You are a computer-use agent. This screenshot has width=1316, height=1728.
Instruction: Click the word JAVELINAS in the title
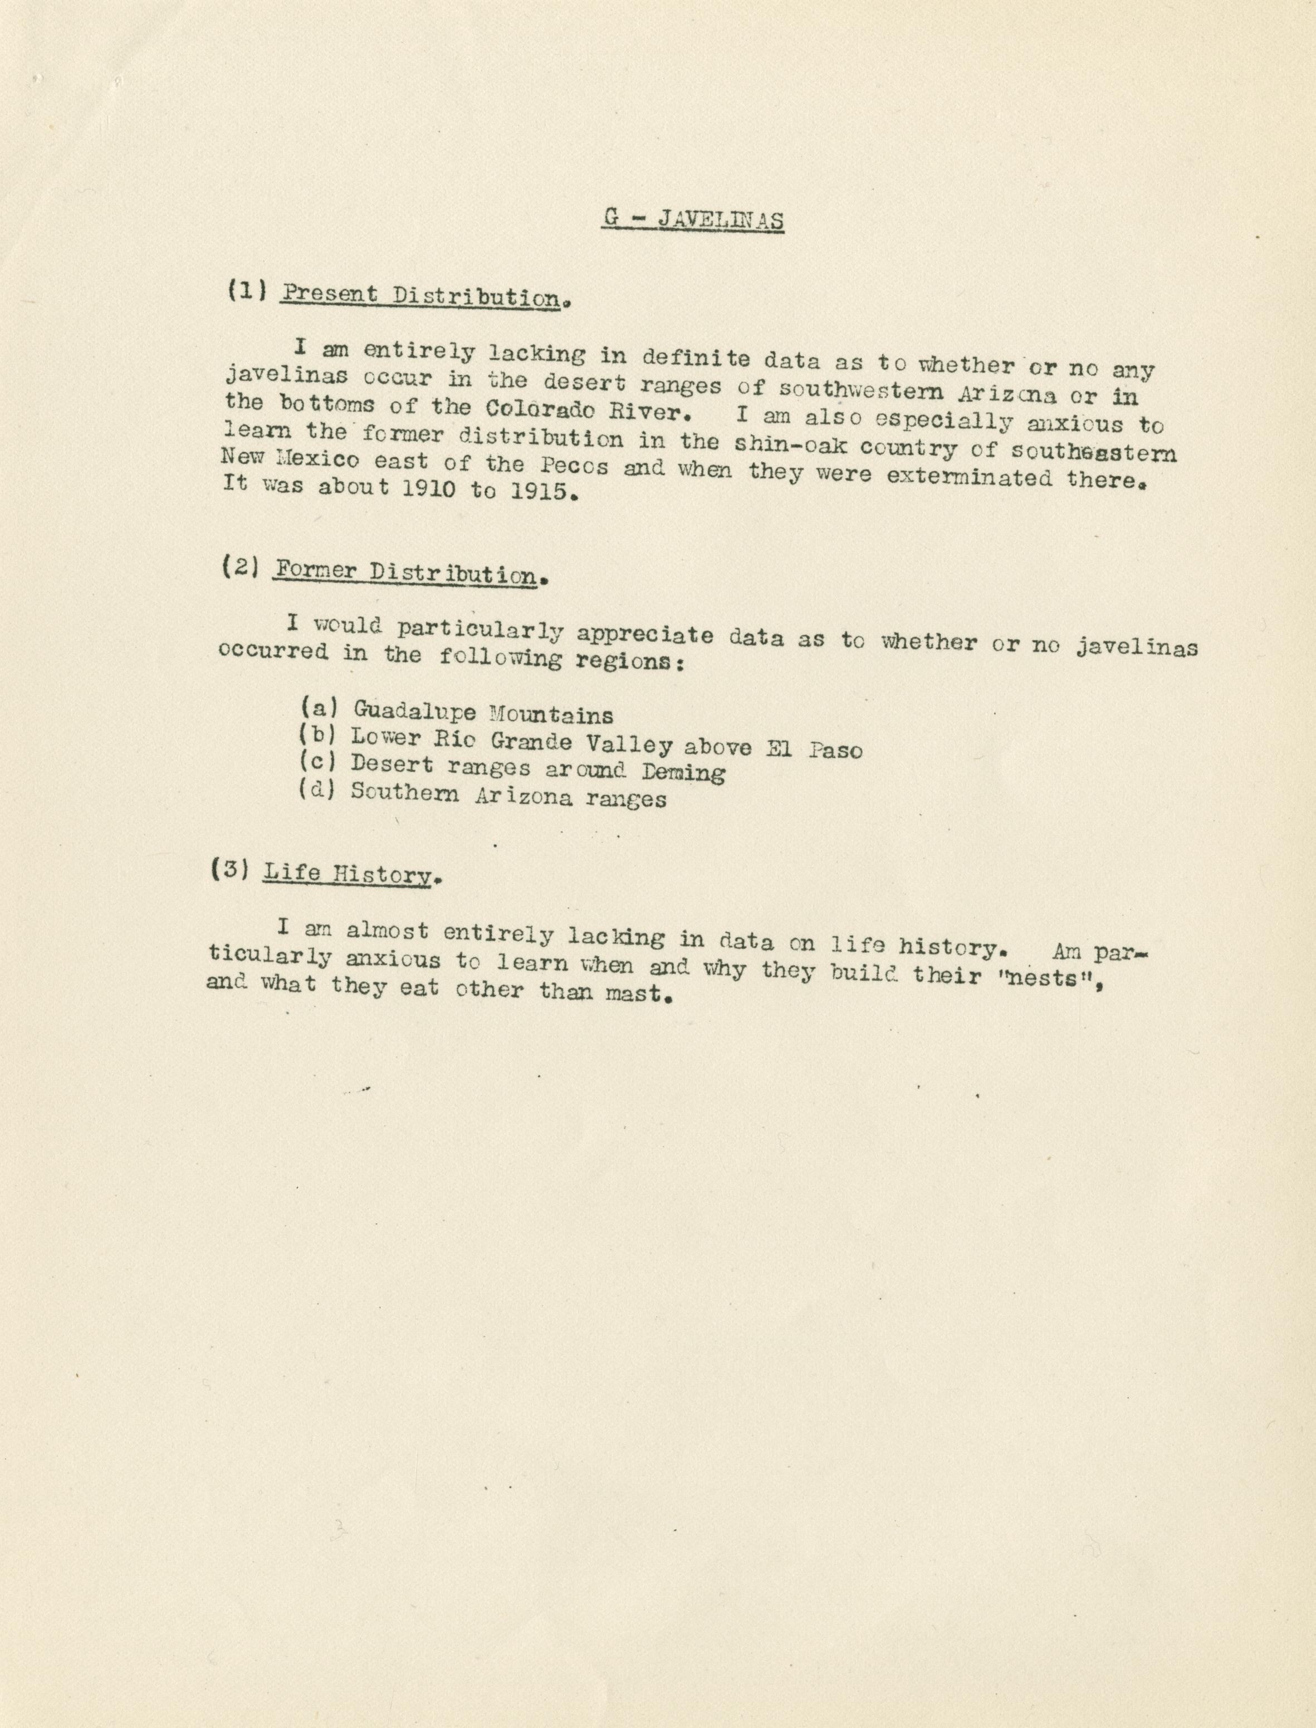[721, 220]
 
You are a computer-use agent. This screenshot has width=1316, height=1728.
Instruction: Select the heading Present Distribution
[422, 296]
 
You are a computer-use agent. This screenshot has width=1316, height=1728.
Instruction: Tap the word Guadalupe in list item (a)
[414, 711]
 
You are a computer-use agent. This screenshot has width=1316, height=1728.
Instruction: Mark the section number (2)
[239, 566]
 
